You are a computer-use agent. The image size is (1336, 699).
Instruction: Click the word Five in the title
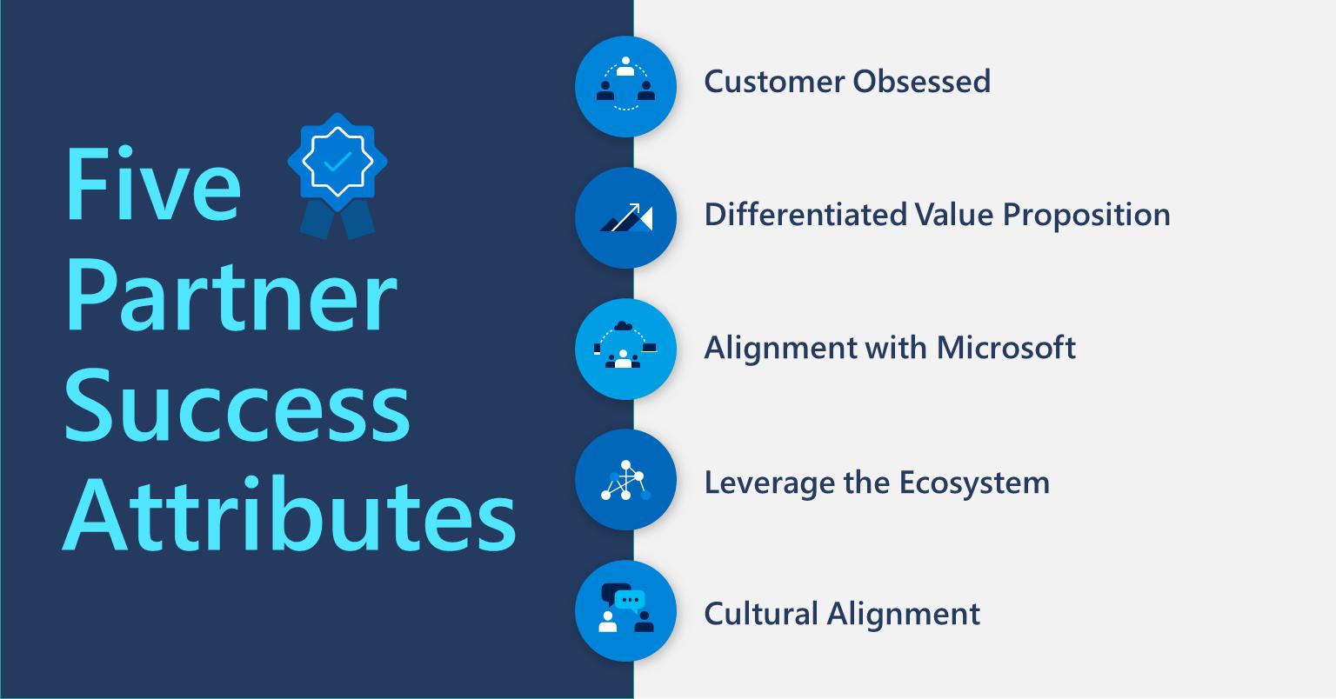pyautogui.click(x=153, y=184)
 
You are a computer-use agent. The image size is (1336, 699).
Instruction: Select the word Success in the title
pyautogui.click(x=237, y=405)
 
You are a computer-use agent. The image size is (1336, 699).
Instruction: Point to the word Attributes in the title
pyautogui.click(x=289, y=514)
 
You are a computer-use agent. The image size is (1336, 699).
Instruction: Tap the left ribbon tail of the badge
pyautogui.click(x=317, y=219)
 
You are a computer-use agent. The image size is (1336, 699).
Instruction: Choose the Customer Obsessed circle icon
pyautogui.click(x=625, y=86)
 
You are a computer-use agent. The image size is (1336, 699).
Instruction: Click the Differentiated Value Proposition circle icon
pyautogui.click(x=625, y=217)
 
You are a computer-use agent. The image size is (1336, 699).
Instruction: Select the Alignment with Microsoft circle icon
pyautogui.click(x=625, y=349)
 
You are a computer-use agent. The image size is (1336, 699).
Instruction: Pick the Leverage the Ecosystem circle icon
pyautogui.click(x=625, y=480)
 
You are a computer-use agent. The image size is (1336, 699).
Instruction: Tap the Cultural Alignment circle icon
pyautogui.click(x=625, y=611)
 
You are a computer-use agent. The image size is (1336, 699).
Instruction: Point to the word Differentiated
pyautogui.click(x=805, y=214)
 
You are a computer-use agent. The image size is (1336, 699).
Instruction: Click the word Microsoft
pyautogui.click(x=1006, y=347)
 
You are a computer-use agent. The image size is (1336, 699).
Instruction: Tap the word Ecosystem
pyautogui.click(x=974, y=483)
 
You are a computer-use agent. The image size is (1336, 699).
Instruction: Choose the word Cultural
pyautogui.click(x=760, y=613)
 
